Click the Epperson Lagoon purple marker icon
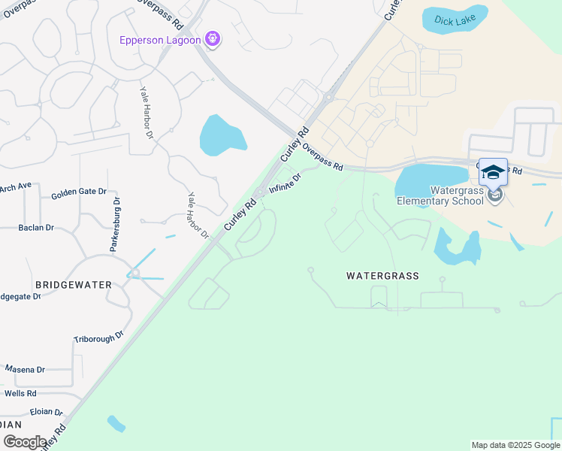pyautogui.click(x=213, y=39)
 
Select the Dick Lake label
pyautogui.click(x=454, y=22)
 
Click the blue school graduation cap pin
pyautogui.click(x=493, y=174)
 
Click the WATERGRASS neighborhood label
pyautogui.click(x=382, y=276)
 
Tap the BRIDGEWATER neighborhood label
pyautogui.click(x=74, y=285)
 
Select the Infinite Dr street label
pyautogui.click(x=286, y=183)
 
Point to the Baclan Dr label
pyautogui.click(x=37, y=227)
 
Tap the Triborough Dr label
pyautogui.click(x=98, y=339)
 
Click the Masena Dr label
pyautogui.click(x=25, y=370)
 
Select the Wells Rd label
pyautogui.click(x=20, y=393)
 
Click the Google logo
pyautogui.click(x=25, y=442)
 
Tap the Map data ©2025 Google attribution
pyautogui.click(x=516, y=445)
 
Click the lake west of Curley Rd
pyautogui.click(x=222, y=136)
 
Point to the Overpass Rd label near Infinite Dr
pyautogui.click(x=324, y=157)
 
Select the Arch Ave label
pyautogui.click(x=16, y=186)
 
